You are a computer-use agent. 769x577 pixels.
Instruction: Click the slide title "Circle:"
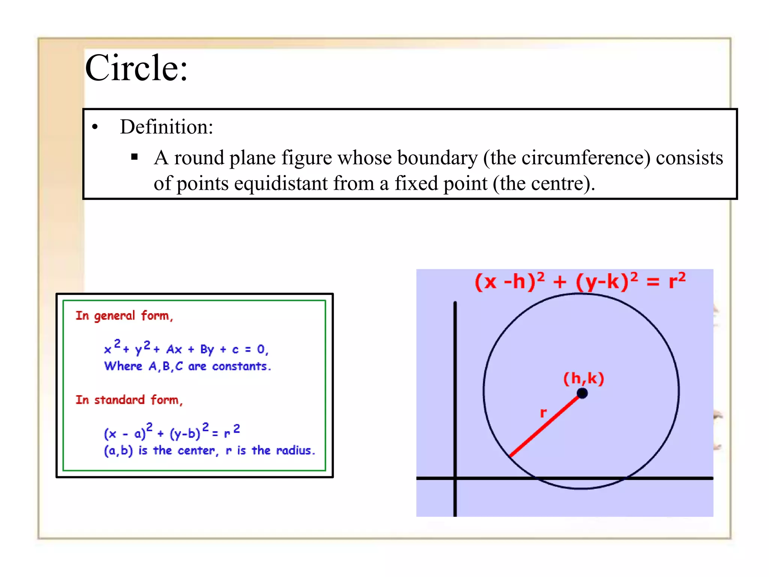click(136, 68)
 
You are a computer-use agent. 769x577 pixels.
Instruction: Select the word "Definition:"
click(166, 127)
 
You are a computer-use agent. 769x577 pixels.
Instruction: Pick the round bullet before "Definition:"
click(95, 127)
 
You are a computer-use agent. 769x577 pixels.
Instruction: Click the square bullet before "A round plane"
click(134, 157)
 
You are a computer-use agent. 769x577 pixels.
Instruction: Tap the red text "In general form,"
click(124, 316)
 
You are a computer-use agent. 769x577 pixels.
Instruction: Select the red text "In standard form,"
click(129, 400)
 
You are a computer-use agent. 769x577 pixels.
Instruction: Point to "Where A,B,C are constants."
click(187, 366)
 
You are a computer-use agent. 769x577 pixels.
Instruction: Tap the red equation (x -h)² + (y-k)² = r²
click(580, 281)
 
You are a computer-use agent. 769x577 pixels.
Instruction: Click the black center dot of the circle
click(582, 393)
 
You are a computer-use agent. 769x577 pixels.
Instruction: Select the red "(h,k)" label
click(584, 378)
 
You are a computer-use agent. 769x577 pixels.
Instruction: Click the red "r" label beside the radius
click(543, 413)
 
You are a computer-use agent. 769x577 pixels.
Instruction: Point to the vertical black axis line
click(455, 394)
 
